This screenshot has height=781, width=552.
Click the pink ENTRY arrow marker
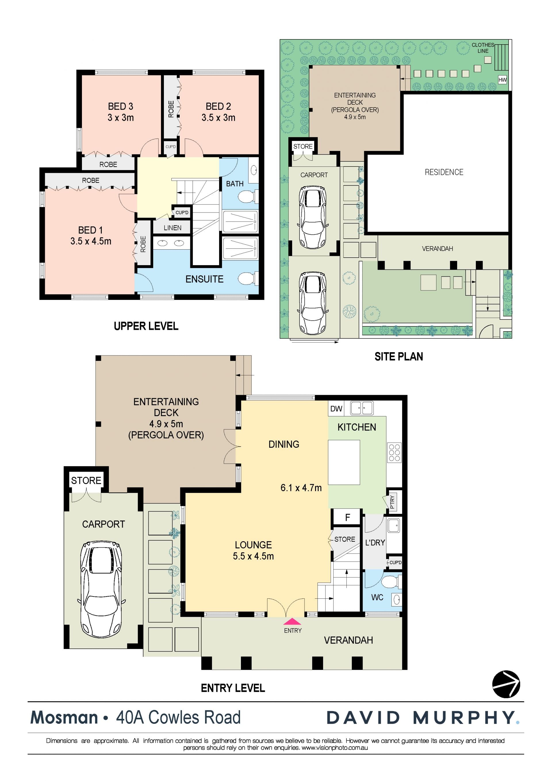click(292, 621)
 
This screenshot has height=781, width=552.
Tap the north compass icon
click(506, 684)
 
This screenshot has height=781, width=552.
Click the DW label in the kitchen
click(336, 409)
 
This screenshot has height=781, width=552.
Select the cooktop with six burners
click(394, 452)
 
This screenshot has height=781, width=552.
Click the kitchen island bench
click(344, 462)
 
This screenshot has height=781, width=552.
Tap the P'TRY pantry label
click(392, 502)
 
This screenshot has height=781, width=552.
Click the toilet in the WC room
click(391, 582)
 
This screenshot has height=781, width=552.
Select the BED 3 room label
click(120, 106)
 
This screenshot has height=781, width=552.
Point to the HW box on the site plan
click(502, 80)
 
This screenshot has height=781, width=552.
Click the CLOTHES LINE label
click(483, 48)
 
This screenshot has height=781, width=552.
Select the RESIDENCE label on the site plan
click(444, 172)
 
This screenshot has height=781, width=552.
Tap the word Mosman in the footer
click(64, 718)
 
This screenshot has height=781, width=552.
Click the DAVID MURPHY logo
click(423, 718)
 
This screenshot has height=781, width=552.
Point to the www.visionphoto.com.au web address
click(335, 748)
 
